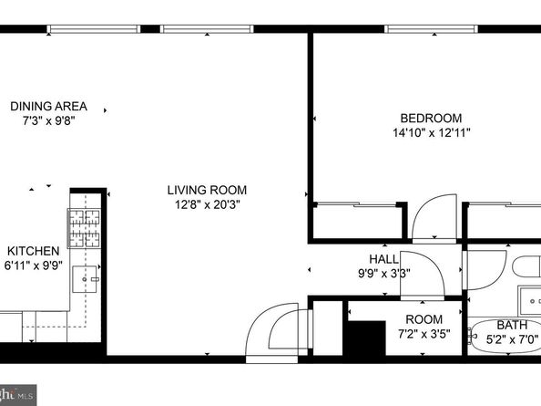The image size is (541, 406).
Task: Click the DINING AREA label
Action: pos(48,106)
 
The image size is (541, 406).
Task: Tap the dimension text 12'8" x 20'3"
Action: pos(208,205)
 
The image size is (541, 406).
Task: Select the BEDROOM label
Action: pos(431,119)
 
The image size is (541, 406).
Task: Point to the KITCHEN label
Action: pos(33,251)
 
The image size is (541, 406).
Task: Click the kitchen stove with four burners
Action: pos(85,228)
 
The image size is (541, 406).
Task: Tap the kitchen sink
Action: pos(85,279)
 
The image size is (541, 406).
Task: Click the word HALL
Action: pos(383,259)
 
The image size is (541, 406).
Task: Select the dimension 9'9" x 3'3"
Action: pos(384,274)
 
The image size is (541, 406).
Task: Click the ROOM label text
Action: pos(424,319)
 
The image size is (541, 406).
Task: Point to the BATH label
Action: pos(512,325)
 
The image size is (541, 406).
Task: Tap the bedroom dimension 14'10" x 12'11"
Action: pos(432,132)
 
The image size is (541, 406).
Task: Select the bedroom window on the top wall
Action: pos(432,29)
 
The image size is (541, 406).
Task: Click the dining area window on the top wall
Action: pos(94,29)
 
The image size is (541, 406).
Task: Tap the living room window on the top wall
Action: pos(207,29)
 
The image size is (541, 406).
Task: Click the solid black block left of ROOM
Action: pos(366,338)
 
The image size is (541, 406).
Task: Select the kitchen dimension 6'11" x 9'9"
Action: pos(33,265)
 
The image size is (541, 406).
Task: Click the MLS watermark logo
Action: pos(18,395)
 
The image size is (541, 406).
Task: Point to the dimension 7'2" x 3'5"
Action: pos(424,334)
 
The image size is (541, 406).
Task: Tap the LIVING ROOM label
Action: pos(207,190)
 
